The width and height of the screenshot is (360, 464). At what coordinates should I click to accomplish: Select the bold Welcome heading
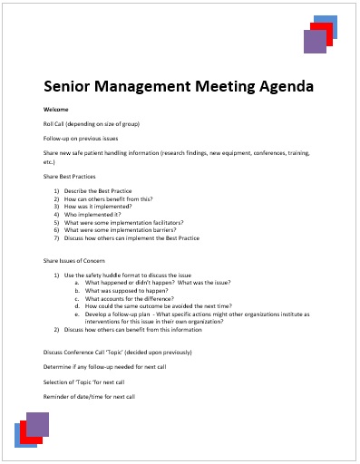click(x=54, y=109)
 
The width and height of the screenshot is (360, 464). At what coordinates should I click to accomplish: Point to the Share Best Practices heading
click(x=70, y=176)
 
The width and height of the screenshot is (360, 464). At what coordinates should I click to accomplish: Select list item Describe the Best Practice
click(x=99, y=191)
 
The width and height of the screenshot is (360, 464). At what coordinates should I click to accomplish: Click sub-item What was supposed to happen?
click(x=127, y=291)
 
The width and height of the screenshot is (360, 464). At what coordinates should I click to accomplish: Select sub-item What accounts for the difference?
click(x=132, y=299)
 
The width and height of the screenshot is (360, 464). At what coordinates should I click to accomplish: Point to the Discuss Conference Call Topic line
click(x=118, y=352)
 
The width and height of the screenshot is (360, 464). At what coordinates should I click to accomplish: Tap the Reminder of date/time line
click(x=89, y=397)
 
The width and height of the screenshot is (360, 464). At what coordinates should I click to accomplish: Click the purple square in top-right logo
click(x=315, y=43)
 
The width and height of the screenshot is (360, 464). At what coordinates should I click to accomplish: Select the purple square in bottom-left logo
click(x=37, y=423)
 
